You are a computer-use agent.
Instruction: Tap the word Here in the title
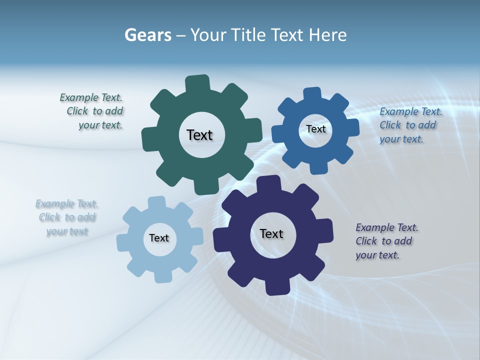pos(328,35)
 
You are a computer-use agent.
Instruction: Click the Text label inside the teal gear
pos(199,135)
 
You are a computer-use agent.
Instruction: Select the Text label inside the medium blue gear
pos(315,129)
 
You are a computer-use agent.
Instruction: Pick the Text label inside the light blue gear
pos(159,238)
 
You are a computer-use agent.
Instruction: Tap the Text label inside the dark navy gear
pos(271,234)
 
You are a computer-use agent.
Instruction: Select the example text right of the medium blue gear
pos(410,125)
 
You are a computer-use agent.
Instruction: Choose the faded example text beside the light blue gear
pos(67,217)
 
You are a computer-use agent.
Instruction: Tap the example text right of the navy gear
pos(386,241)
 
